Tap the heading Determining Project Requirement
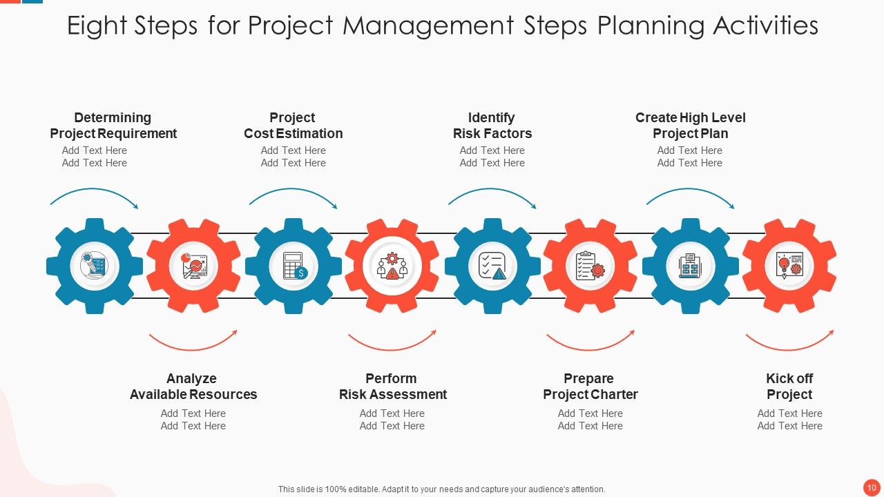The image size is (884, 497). (113, 126)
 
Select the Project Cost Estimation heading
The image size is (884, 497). (293, 126)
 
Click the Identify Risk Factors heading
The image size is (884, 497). (492, 126)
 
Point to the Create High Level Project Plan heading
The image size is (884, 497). (690, 126)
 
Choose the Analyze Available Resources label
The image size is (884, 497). (193, 387)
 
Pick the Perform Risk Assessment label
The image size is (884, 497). (392, 387)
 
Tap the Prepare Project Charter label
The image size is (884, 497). (590, 387)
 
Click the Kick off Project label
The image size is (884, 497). (789, 387)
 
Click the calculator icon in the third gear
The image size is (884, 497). (294, 266)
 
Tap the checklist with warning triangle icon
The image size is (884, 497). (492, 266)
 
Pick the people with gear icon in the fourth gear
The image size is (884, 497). (392, 266)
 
